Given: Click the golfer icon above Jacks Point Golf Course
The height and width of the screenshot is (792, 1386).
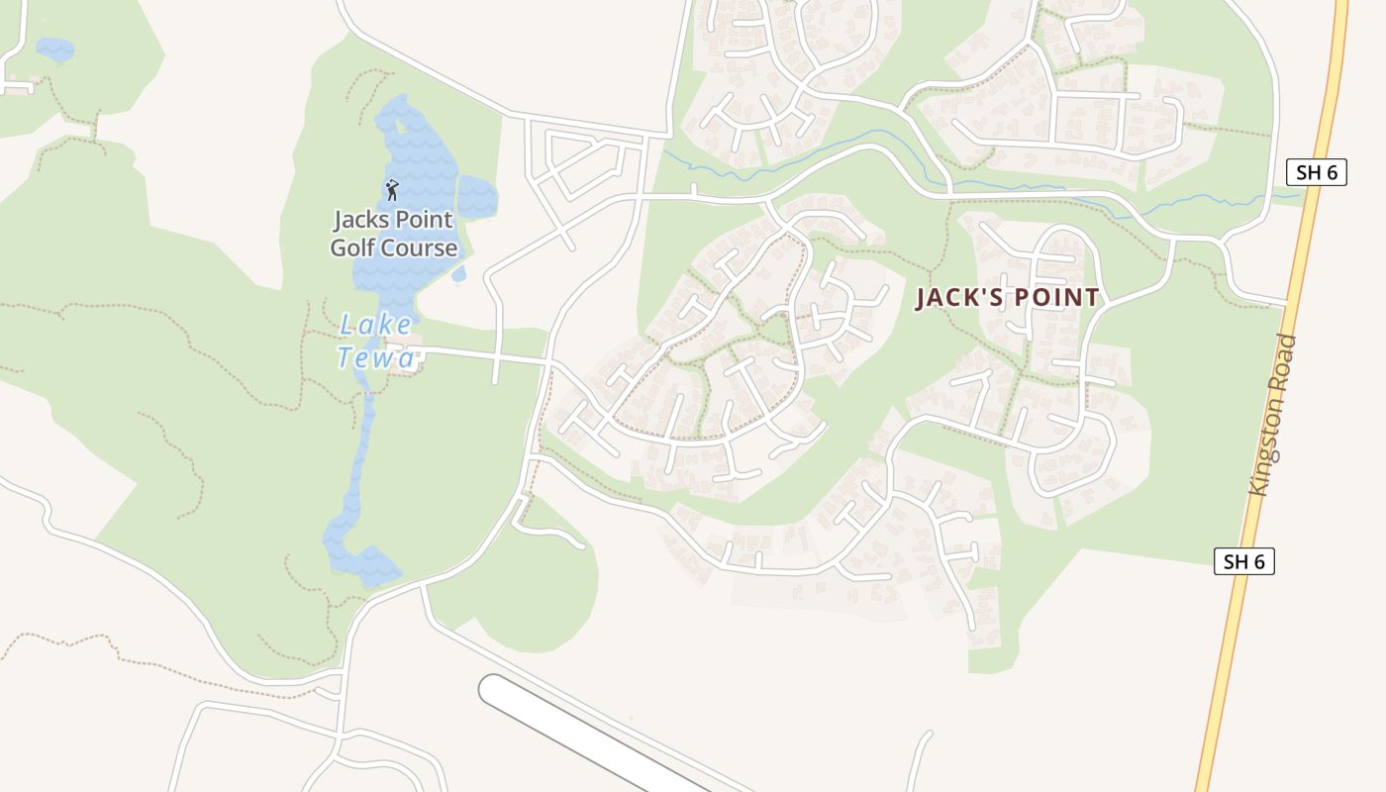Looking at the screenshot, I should [392, 188].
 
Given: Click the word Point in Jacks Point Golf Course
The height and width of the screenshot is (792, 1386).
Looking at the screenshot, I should [426, 220].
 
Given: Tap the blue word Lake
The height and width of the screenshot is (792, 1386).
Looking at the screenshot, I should [375, 325].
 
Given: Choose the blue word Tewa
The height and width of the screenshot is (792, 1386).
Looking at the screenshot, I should [376, 357].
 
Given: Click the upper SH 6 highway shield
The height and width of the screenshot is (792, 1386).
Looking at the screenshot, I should [1317, 172].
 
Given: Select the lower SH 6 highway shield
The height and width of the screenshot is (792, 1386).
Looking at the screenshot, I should [1244, 561].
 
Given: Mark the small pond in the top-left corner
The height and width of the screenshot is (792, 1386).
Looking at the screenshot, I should [54, 49].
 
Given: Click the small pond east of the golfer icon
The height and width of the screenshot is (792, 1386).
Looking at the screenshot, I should [477, 196].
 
